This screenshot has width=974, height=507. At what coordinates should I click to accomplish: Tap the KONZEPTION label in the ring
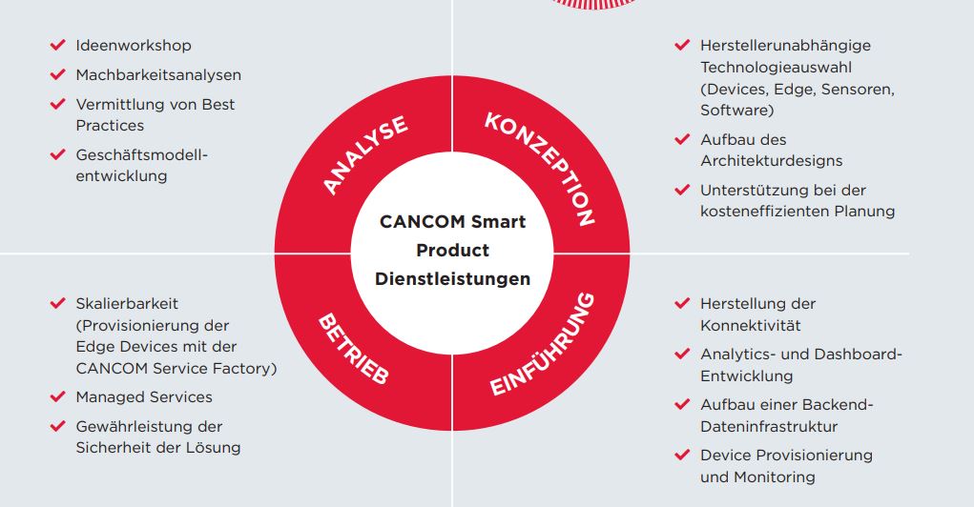(540, 168)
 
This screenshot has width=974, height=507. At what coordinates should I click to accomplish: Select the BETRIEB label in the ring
(354, 348)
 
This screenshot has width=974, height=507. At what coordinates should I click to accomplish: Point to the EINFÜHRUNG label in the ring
(542, 344)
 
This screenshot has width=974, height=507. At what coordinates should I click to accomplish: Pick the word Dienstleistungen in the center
(453, 278)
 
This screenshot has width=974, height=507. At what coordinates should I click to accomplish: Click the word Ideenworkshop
(134, 46)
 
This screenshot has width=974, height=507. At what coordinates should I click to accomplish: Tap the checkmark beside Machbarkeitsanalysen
(58, 74)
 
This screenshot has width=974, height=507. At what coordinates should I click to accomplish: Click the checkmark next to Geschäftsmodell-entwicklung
(58, 153)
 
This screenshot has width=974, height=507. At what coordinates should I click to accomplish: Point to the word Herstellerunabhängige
(785, 46)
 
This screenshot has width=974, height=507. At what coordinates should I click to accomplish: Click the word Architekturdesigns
(772, 161)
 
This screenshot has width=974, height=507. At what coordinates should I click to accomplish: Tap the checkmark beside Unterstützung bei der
(682, 190)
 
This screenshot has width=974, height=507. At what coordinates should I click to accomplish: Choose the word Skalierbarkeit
(127, 303)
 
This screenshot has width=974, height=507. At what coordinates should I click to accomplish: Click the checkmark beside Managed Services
(58, 395)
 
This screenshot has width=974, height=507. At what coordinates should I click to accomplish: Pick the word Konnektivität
(751, 325)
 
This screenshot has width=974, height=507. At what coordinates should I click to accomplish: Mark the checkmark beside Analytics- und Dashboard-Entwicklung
(682, 354)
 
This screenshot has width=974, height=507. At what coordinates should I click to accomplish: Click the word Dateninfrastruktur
(769, 426)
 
